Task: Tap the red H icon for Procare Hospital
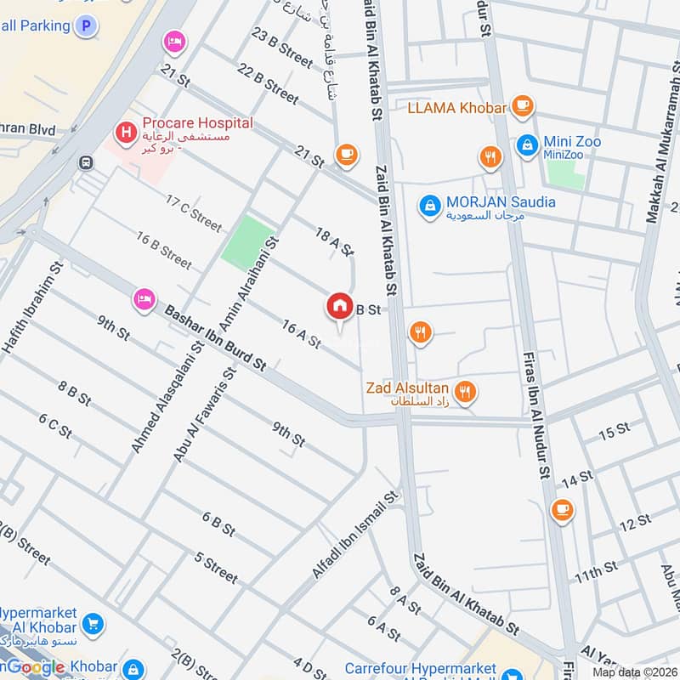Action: coord(126,133)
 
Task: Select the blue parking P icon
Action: coord(84,26)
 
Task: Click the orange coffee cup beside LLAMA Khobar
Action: coord(523,107)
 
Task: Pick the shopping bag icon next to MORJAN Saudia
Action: coord(430,205)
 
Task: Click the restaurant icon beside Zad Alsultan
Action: coord(465,391)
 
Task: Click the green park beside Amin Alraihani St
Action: coord(249,241)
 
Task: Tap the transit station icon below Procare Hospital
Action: coord(86,162)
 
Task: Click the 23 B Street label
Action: coord(283,48)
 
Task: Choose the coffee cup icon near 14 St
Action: coord(561,508)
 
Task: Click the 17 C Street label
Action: coord(194,213)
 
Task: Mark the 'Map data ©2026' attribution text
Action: coord(633,671)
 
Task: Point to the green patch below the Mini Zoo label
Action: coord(566,173)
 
